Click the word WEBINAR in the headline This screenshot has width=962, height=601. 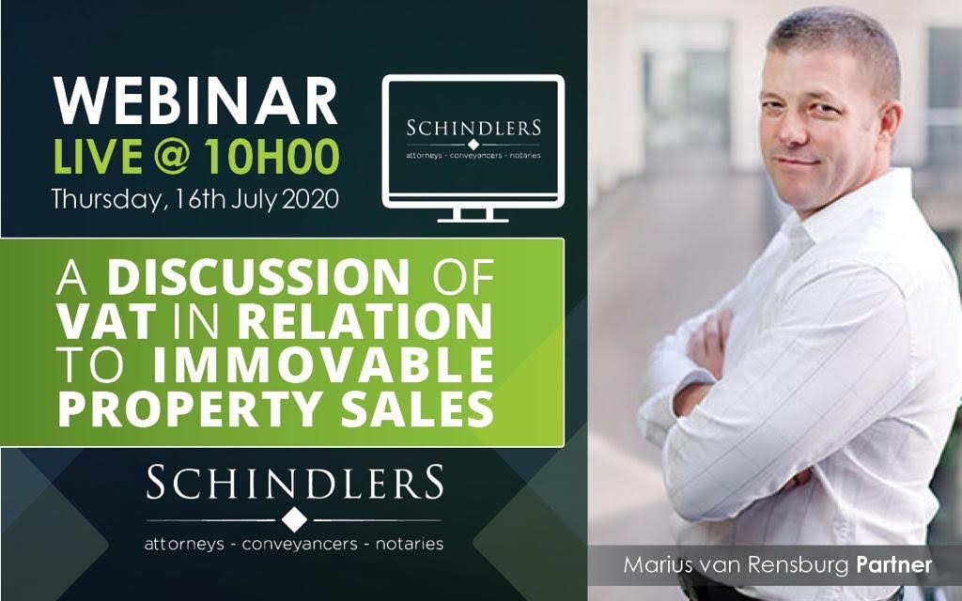195,101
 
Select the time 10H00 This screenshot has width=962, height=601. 272,157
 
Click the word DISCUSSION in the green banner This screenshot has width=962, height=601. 258,277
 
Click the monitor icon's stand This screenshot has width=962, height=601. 473,214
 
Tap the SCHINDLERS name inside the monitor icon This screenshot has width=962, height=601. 473,128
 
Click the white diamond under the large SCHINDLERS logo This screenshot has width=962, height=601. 294,520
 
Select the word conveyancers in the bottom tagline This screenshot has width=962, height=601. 300,544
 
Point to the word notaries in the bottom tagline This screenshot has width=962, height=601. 410,544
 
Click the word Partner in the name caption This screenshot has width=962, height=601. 894,564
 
